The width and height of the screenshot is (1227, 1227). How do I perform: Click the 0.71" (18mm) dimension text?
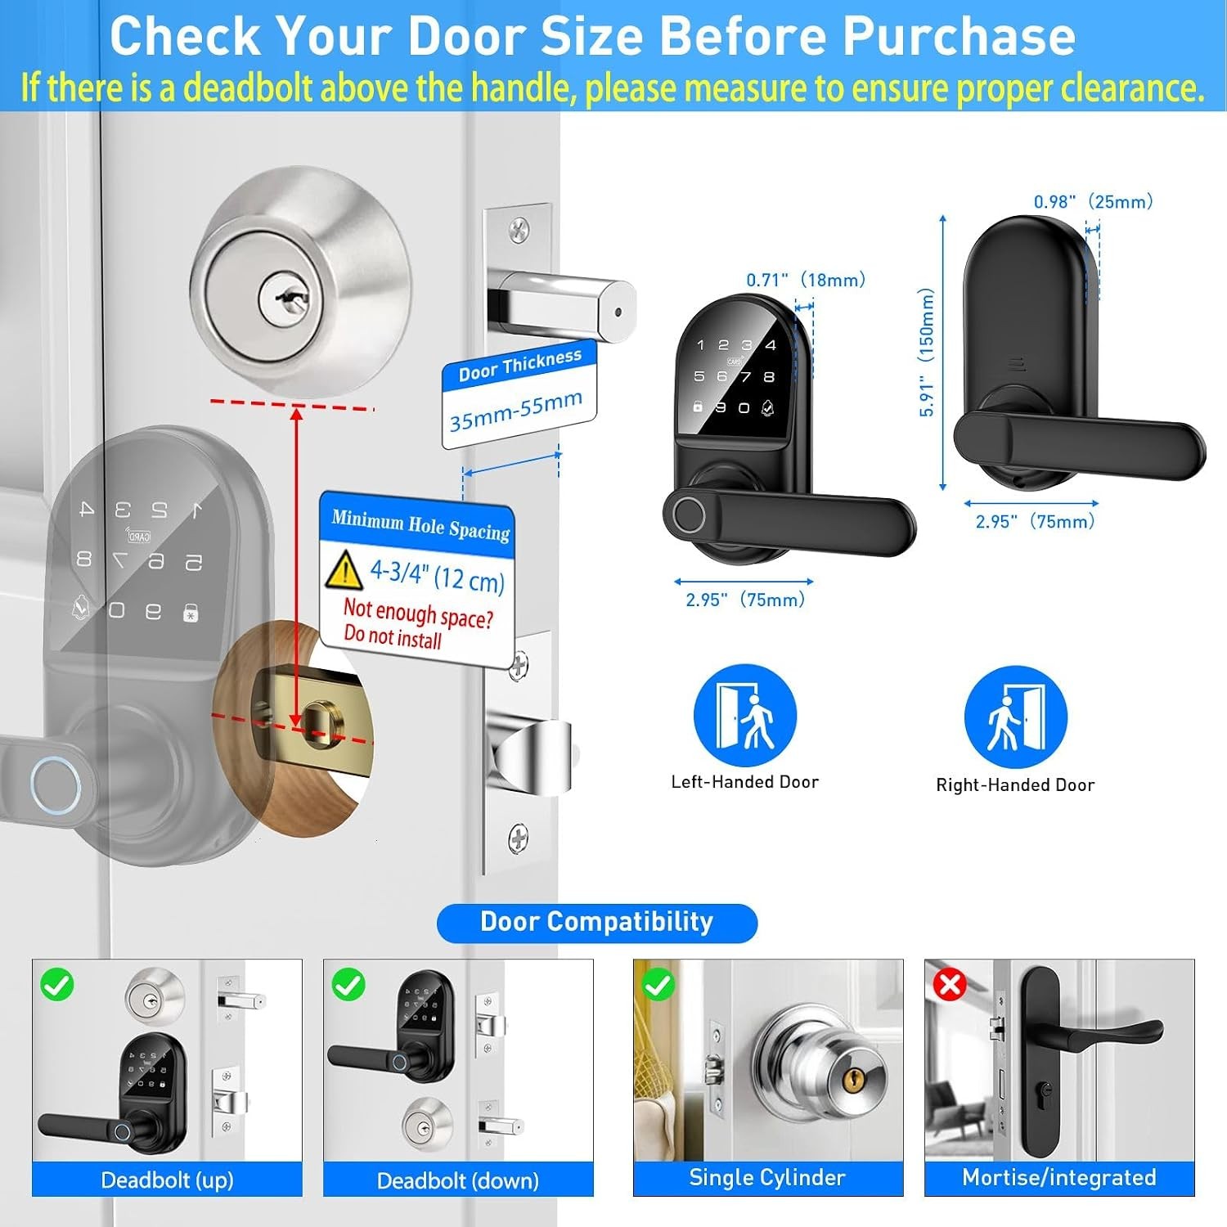tap(806, 280)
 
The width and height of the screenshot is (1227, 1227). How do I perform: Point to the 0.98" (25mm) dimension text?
tap(1094, 201)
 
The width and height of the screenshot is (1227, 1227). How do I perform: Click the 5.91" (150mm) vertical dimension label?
tap(926, 352)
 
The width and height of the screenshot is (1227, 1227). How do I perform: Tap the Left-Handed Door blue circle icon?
tap(744, 715)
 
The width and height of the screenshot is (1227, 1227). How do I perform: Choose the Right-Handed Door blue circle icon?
tap(1015, 717)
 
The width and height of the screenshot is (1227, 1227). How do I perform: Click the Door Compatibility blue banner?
tap(597, 923)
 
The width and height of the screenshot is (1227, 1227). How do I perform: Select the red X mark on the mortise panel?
tap(950, 984)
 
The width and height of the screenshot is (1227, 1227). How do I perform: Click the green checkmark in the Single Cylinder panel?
tap(658, 984)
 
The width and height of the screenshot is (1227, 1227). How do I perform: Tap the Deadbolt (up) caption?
tap(167, 1180)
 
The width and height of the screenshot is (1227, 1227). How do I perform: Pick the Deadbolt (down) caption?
tap(458, 1180)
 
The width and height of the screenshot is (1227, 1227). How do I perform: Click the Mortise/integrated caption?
tap(1059, 1177)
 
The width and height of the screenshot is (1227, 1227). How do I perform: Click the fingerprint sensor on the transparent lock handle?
tap(56, 784)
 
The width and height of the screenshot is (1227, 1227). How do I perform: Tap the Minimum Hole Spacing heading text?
tap(420, 525)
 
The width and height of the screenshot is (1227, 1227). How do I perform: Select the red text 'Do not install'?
tap(393, 636)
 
